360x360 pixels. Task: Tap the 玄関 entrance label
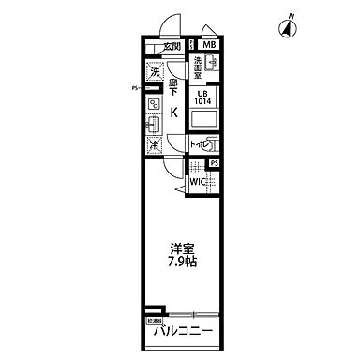point(171,45)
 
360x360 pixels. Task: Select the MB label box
point(208,45)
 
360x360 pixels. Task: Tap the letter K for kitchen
point(174,112)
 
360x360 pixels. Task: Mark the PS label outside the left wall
point(134,90)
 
